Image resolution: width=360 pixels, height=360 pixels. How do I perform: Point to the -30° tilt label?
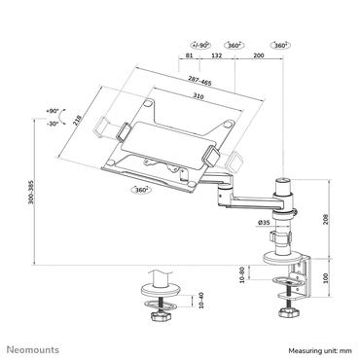tap(52, 124)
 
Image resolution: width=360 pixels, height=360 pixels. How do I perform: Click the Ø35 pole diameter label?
tap(265, 224)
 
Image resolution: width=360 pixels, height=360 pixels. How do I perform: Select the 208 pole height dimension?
tap(327, 220)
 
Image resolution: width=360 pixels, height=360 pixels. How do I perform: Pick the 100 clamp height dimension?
tap(327, 278)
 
